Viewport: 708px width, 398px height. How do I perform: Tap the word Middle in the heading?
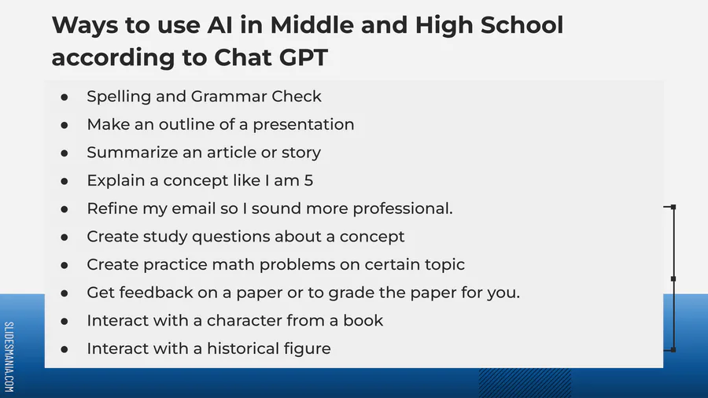[x=312, y=25]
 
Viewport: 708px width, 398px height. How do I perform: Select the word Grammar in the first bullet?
[x=228, y=97]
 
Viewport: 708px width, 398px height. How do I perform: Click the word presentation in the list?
[x=304, y=125]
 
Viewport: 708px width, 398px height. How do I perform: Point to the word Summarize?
[x=132, y=153]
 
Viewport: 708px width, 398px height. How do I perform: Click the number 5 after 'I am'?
[x=308, y=180]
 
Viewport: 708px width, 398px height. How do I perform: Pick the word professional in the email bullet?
[x=400, y=208]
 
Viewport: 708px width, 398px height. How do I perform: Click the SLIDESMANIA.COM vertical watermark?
[x=9, y=356]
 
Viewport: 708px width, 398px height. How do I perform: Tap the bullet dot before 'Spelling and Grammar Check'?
[x=65, y=97]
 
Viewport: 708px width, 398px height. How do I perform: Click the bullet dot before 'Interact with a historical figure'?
[x=65, y=349]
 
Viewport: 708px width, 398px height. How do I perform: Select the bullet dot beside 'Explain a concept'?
[x=65, y=182]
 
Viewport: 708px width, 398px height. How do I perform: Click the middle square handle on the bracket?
[x=673, y=279]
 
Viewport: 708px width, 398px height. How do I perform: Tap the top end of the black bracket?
[x=673, y=207]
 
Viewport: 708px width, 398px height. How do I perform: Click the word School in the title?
[x=522, y=25]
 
